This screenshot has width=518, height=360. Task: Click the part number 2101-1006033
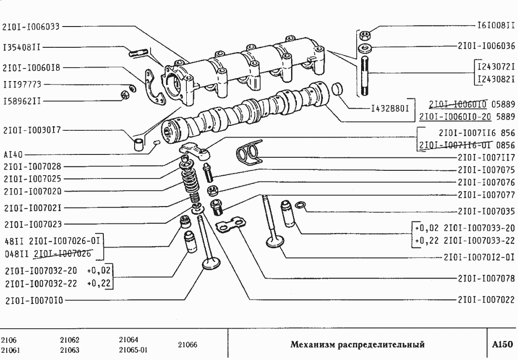click(x=31, y=28)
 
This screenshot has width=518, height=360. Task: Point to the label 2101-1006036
click(x=487, y=47)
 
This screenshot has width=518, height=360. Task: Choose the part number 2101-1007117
click(x=487, y=157)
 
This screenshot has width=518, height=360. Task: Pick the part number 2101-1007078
click(x=487, y=278)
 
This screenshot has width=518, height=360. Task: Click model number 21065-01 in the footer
click(x=133, y=350)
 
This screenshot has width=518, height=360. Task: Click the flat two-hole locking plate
click(x=229, y=226)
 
